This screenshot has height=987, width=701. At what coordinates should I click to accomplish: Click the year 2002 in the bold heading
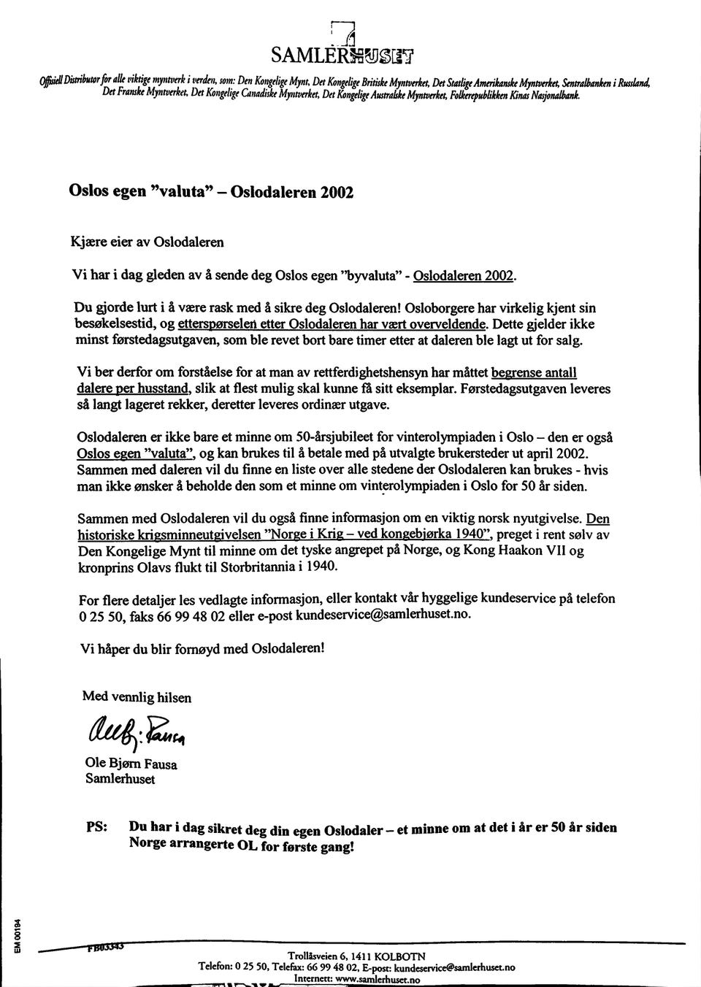coord(335,193)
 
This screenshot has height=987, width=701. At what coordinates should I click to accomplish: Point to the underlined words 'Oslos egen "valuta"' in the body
coord(139,453)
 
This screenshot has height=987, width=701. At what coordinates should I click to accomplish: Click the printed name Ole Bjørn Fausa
coord(131,764)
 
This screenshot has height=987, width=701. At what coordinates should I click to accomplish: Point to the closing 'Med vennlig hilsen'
coord(137,696)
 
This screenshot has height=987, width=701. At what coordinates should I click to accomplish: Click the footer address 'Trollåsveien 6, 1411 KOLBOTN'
coord(356,956)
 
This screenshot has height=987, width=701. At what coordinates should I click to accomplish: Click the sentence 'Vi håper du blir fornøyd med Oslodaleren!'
coord(202,648)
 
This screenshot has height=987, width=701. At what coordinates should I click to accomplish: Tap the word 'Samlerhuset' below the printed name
coord(120,779)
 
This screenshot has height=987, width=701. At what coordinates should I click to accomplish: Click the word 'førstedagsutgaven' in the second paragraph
coord(147,340)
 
